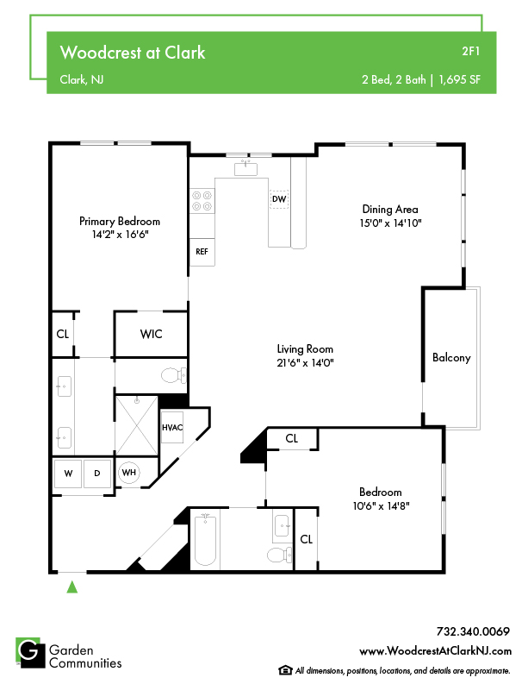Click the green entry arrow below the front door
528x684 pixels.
click(x=71, y=587)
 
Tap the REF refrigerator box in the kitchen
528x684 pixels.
click(x=202, y=252)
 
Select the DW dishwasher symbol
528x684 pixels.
click(x=279, y=199)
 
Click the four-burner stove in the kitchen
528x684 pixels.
click(x=202, y=201)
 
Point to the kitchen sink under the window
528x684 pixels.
click(x=245, y=168)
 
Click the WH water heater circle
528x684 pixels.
click(x=129, y=473)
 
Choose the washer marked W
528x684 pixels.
click(x=68, y=474)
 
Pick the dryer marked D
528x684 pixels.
click(x=97, y=474)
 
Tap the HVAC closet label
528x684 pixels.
click(x=172, y=428)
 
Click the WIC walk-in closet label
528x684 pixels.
click(x=152, y=334)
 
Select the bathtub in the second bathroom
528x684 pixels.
click(x=205, y=540)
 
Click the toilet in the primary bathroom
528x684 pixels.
click(x=174, y=375)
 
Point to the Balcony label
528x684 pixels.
click(x=451, y=358)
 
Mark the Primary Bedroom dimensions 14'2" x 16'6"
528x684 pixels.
click(x=121, y=235)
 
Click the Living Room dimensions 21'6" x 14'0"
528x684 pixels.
click(x=305, y=362)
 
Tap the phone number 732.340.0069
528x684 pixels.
click(x=473, y=631)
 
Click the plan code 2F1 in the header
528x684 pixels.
click(x=471, y=51)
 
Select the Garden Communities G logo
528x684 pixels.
click(x=30, y=653)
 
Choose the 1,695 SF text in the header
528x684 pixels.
click(x=460, y=79)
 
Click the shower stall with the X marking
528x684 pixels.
click(x=137, y=425)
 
